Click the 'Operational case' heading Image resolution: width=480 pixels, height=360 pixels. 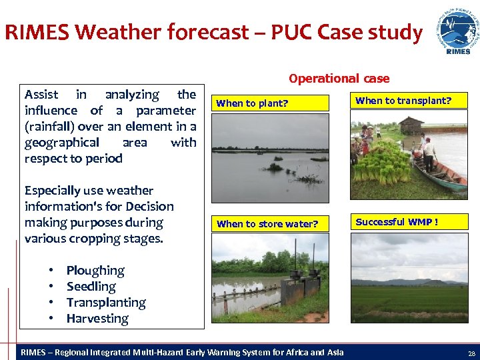click(x=339, y=78)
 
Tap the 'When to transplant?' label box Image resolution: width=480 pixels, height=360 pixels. click(x=409, y=101)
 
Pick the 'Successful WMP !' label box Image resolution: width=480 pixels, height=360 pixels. click(x=409, y=222)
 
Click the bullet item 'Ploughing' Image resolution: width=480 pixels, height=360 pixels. click(x=95, y=271)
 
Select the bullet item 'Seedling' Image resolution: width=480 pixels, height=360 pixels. click(x=91, y=287)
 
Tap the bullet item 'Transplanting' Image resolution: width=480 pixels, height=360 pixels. click(x=106, y=303)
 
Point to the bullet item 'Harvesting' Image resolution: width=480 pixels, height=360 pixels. click(x=97, y=319)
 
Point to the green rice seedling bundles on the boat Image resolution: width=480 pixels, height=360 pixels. click(x=382, y=163)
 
